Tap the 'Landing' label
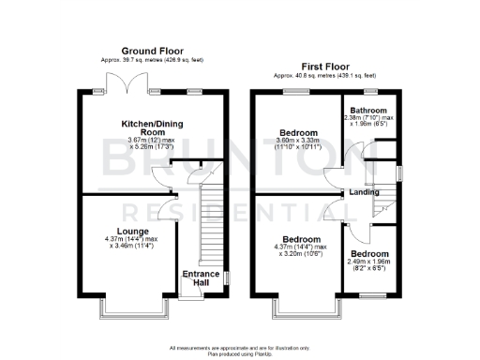tap(364, 193)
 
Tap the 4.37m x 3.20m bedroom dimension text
tap(302, 250)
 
